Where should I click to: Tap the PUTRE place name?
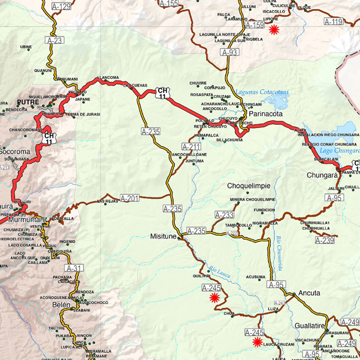(28, 102)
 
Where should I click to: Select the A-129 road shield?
(62, 7)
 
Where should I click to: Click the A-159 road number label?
(255, 25)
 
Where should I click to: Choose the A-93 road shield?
(230, 52)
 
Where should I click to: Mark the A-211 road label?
(191, 147)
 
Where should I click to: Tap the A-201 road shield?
(130, 198)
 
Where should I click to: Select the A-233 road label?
(224, 215)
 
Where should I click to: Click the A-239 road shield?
(324, 240)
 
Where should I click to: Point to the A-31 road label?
(74, 268)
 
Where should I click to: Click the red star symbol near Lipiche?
(274, 29)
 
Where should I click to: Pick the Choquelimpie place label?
(249, 186)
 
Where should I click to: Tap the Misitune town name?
(164, 236)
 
